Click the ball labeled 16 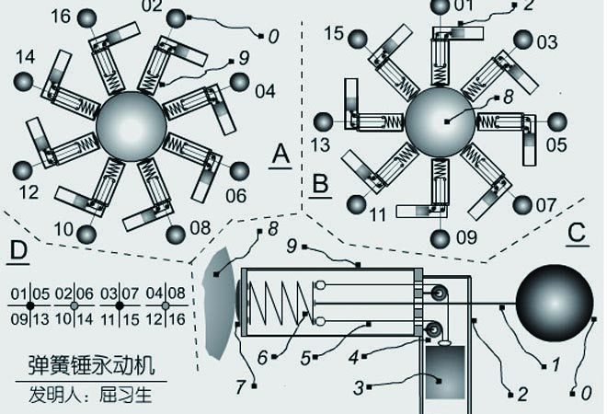(x=86, y=18)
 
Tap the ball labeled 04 (x=239, y=82)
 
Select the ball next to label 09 (x=441, y=238)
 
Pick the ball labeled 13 (x=323, y=122)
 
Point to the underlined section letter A (x=281, y=155)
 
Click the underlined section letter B (x=320, y=185)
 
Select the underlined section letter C (x=578, y=235)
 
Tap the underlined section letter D (x=18, y=252)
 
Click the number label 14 (x=25, y=57)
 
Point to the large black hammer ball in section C (x=555, y=304)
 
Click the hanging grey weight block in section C (x=445, y=373)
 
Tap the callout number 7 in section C (x=240, y=386)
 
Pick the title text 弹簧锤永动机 (x=92, y=365)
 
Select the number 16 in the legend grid (x=177, y=319)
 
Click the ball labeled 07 (x=522, y=205)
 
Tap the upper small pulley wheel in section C (x=438, y=293)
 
